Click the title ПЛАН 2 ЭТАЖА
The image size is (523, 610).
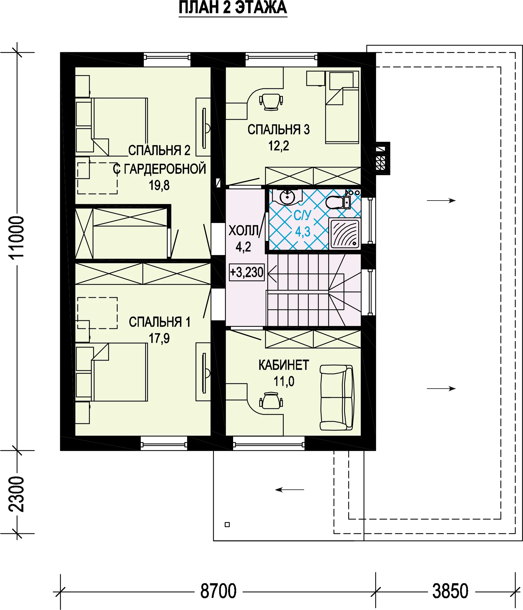tap(233, 8)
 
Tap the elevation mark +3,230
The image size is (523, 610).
tap(247, 272)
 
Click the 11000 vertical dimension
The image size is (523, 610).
tap(16, 237)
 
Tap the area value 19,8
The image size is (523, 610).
tap(159, 186)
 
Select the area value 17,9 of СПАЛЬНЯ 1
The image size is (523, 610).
tap(159, 339)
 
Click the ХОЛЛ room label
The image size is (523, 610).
tap(243, 231)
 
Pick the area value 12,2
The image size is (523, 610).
tap(278, 146)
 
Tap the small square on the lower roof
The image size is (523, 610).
tap(227, 525)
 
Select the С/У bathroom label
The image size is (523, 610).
tap(302, 215)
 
